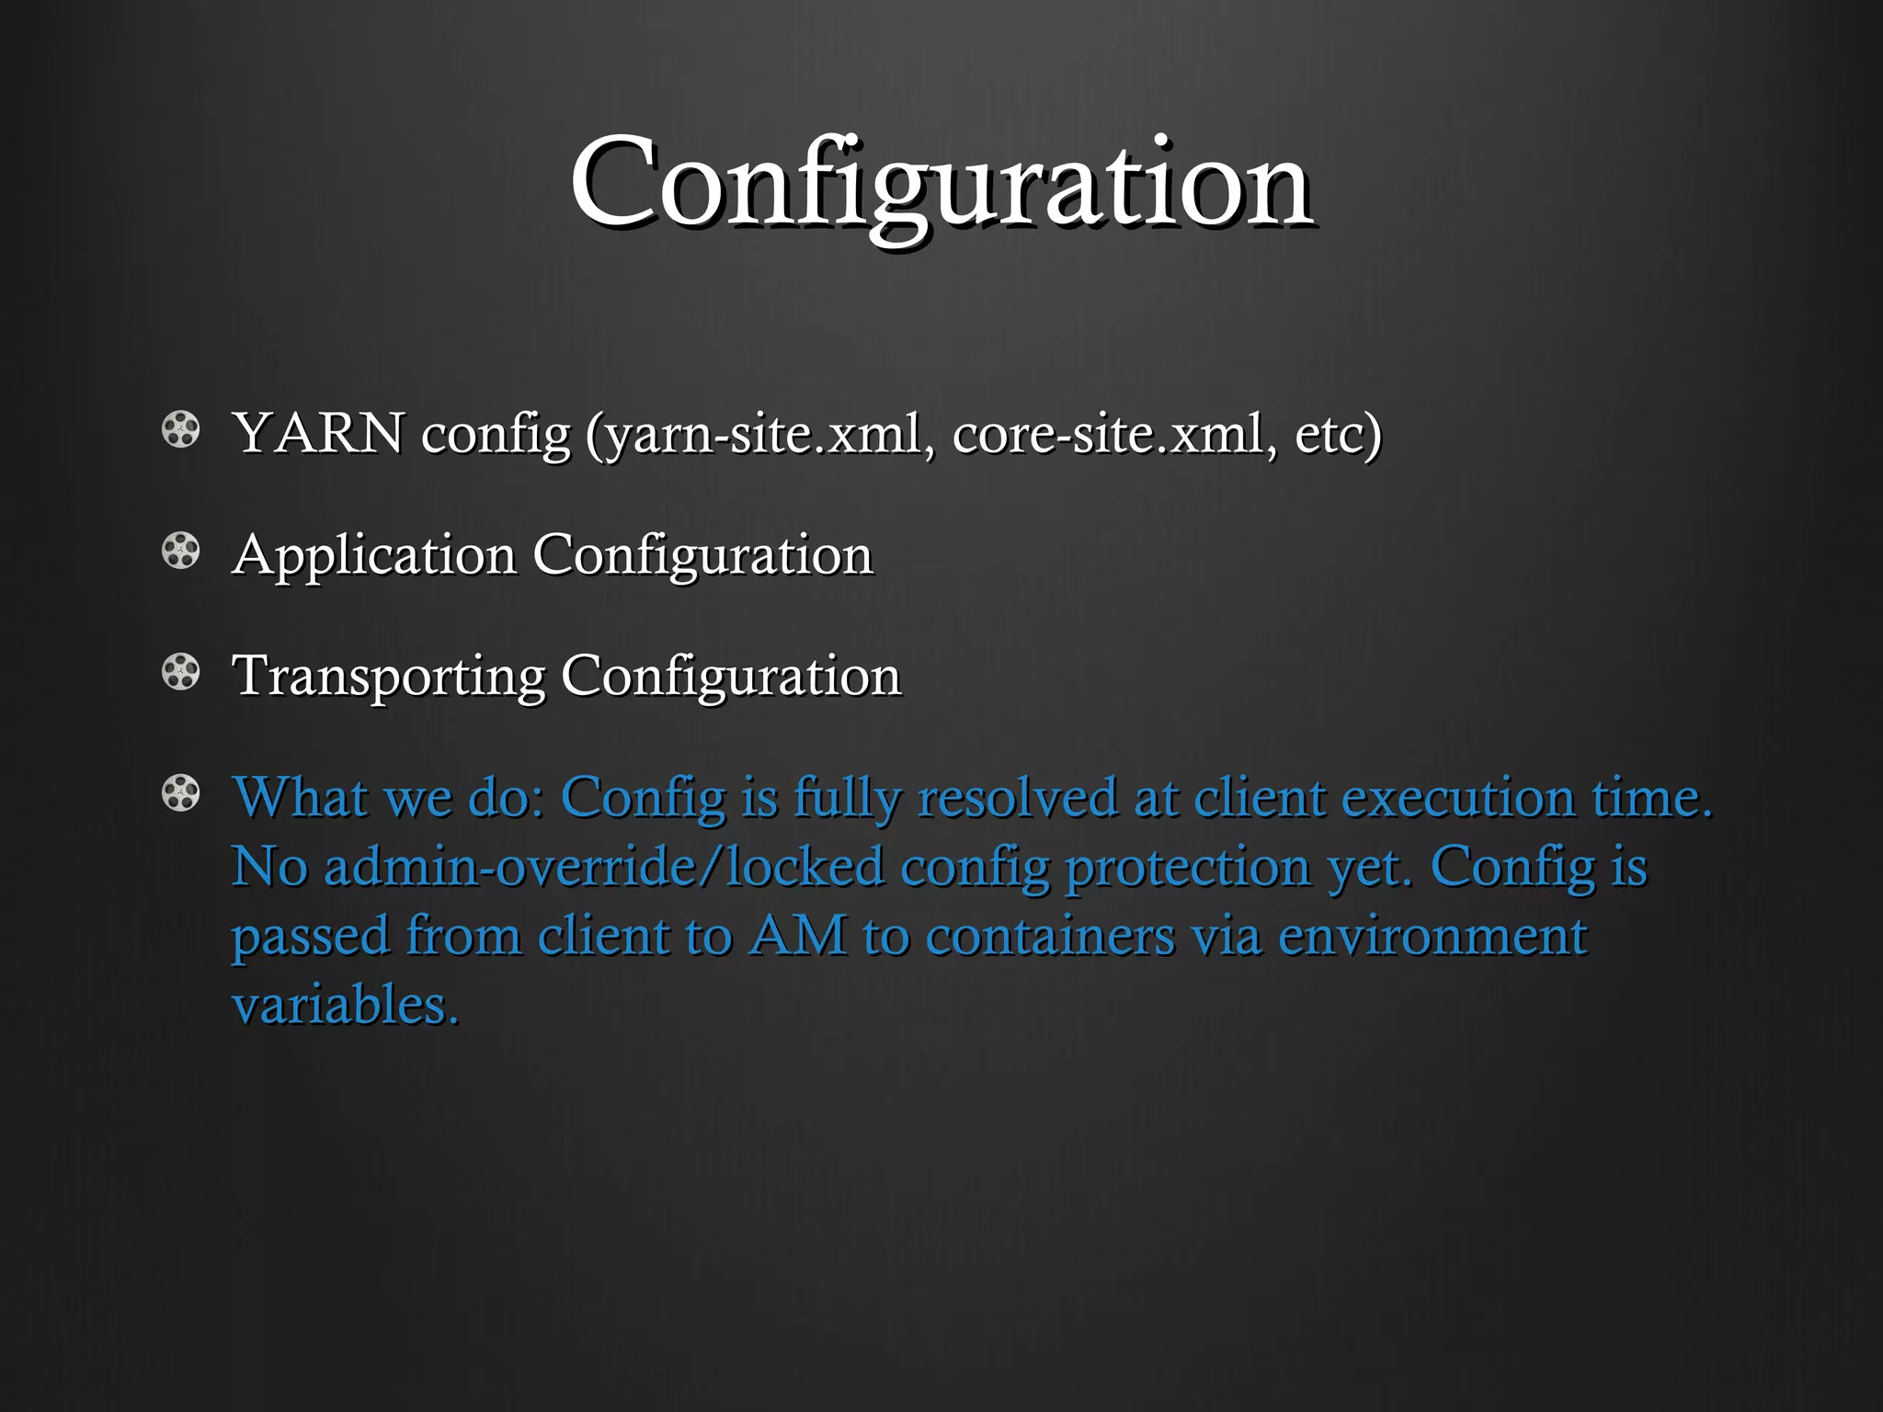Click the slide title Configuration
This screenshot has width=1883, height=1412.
[941, 184]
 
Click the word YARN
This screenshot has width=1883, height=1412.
[318, 433]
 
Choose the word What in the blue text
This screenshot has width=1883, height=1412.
[299, 796]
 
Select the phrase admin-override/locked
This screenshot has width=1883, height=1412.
[604, 867]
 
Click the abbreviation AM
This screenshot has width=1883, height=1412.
[797, 937]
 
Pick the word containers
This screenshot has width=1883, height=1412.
[1050, 937]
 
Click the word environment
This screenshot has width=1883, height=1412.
[1432, 937]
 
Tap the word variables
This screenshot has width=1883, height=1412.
[345, 1004]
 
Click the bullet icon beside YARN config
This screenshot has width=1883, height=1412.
[180, 429]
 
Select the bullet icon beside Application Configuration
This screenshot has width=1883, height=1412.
[180, 552]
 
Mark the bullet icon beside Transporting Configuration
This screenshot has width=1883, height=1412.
[180, 672]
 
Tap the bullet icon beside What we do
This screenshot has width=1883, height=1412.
[180, 793]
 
